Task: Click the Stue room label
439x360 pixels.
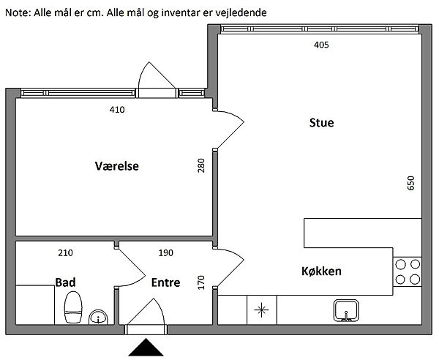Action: pyautogui.click(x=321, y=123)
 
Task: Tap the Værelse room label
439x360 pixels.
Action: pyautogui.click(x=117, y=166)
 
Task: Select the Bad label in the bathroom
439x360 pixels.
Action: pyautogui.click(x=65, y=282)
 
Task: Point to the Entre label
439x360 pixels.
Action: pyautogui.click(x=165, y=282)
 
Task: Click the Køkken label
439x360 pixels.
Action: pyautogui.click(x=321, y=271)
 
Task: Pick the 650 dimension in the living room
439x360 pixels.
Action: pyautogui.click(x=410, y=183)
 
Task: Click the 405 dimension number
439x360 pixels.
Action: pyautogui.click(x=321, y=45)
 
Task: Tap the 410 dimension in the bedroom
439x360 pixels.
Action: pyautogui.click(x=117, y=110)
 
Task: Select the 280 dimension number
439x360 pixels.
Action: pyautogui.click(x=201, y=165)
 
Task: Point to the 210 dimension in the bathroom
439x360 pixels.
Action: pyautogui.click(x=66, y=252)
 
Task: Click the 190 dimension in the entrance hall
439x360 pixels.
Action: pyautogui.click(x=166, y=252)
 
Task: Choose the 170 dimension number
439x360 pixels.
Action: pyautogui.click(x=201, y=282)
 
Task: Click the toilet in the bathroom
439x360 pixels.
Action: pyautogui.click(x=73, y=307)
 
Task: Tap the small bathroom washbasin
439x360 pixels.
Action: pyautogui.click(x=98, y=317)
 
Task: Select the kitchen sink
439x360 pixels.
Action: pyautogui.click(x=346, y=310)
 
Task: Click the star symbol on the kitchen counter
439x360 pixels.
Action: pyautogui.click(x=261, y=310)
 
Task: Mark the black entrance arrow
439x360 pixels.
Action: pyautogui.click(x=146, y=347)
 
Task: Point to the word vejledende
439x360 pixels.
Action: pyautogui.click(x=241, y=12)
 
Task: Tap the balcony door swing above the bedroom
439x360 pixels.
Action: pyautogui.click(x=157, y=75)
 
